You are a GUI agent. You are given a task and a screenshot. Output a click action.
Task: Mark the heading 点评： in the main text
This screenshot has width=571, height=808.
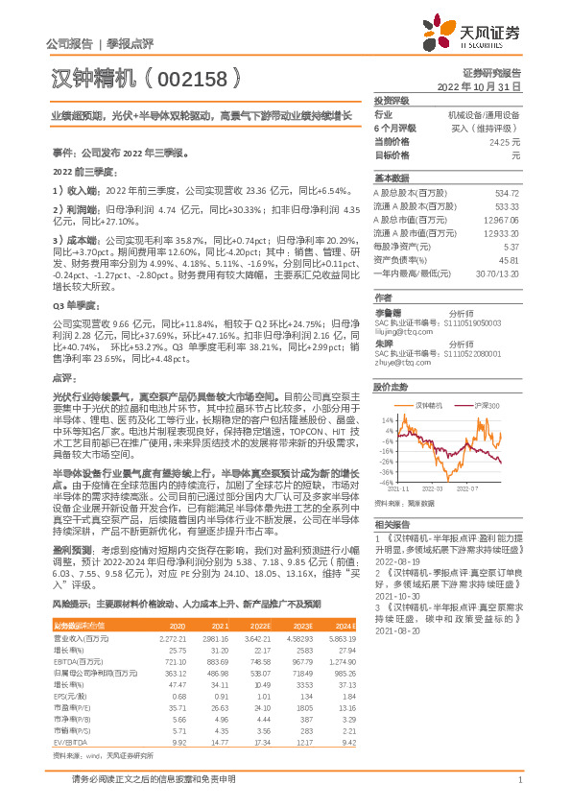coord(63,378)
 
